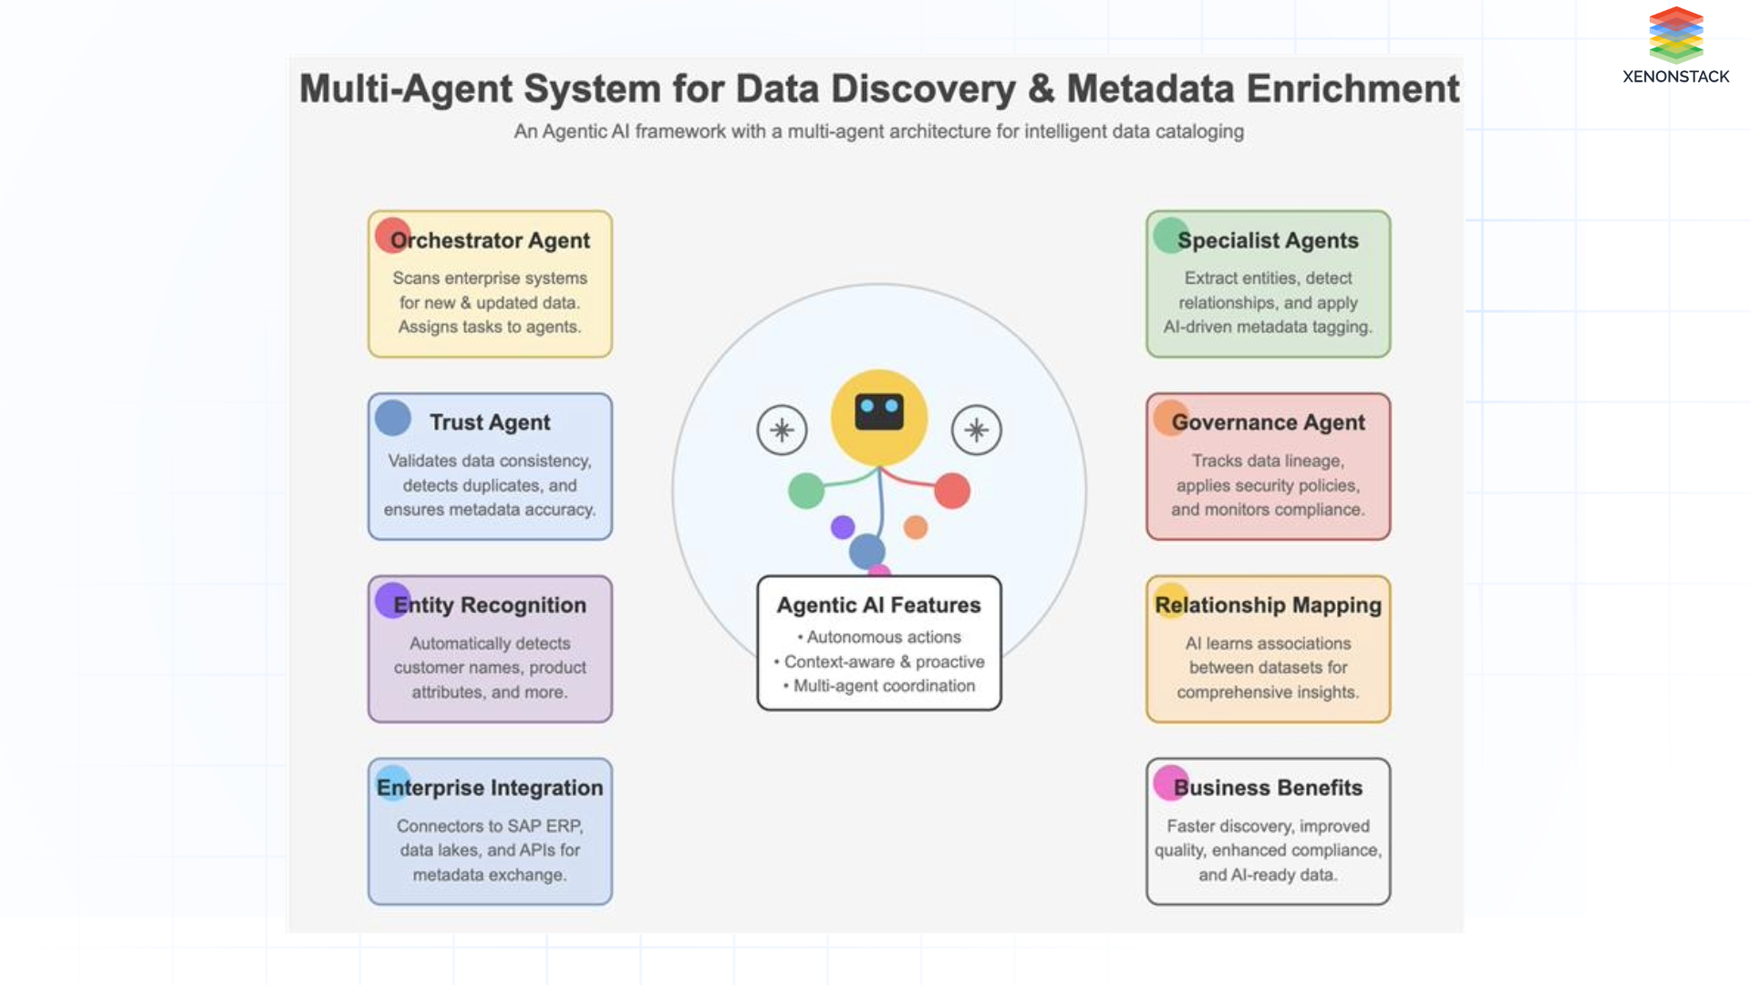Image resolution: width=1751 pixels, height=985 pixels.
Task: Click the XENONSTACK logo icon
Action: (1675, 34)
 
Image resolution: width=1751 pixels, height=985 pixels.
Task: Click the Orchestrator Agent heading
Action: (490, 241)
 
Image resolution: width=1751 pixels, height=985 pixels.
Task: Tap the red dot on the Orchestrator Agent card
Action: (392, 235)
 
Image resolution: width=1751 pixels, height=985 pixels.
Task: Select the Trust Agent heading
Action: (490, 422)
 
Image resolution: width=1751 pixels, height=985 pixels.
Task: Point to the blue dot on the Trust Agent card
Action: (392, 418)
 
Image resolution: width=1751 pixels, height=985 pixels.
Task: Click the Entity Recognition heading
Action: (490, 605)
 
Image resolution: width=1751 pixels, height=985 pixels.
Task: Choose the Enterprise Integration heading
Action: (490, 787)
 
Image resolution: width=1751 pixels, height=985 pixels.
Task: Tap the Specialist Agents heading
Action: (1268, 241)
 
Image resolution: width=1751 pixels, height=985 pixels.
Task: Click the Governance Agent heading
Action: (1268, 422)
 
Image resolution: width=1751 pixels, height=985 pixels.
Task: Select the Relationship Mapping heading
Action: (1268, 605)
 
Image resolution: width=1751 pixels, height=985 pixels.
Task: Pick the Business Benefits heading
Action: (1268, 787)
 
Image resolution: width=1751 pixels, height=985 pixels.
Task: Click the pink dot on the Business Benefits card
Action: (1170, 783)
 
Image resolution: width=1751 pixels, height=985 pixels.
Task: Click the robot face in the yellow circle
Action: (879, 412)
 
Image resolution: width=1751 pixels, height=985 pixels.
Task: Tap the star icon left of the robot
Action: (782, 430)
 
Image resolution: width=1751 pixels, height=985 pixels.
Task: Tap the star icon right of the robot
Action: (976, 430)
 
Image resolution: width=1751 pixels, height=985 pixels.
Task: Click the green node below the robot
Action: (805, 491)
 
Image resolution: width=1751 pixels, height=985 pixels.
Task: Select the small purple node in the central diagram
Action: (843, 526)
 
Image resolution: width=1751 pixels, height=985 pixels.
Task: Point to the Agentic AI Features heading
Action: (878, 605)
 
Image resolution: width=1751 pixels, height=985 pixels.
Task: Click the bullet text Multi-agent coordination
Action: (884, 686)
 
